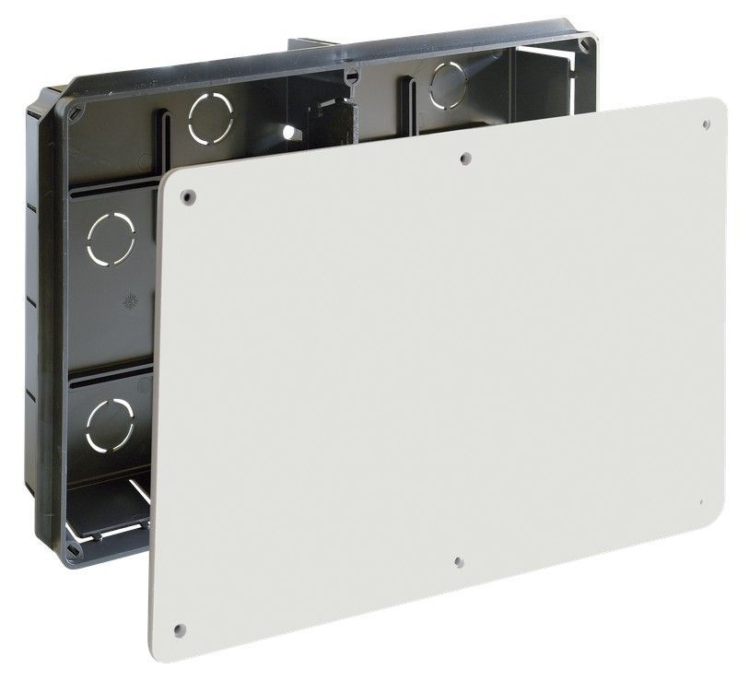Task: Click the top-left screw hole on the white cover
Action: coord(188,195)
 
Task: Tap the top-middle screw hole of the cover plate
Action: coord(465,158)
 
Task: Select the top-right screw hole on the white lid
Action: coord(705,123)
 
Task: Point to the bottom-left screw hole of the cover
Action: coord(179,630)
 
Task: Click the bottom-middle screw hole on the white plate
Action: coord(458,558)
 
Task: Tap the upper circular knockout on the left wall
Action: coord(111,238)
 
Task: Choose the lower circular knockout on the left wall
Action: coord(110,422)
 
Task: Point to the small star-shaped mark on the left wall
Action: coord(128,300)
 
